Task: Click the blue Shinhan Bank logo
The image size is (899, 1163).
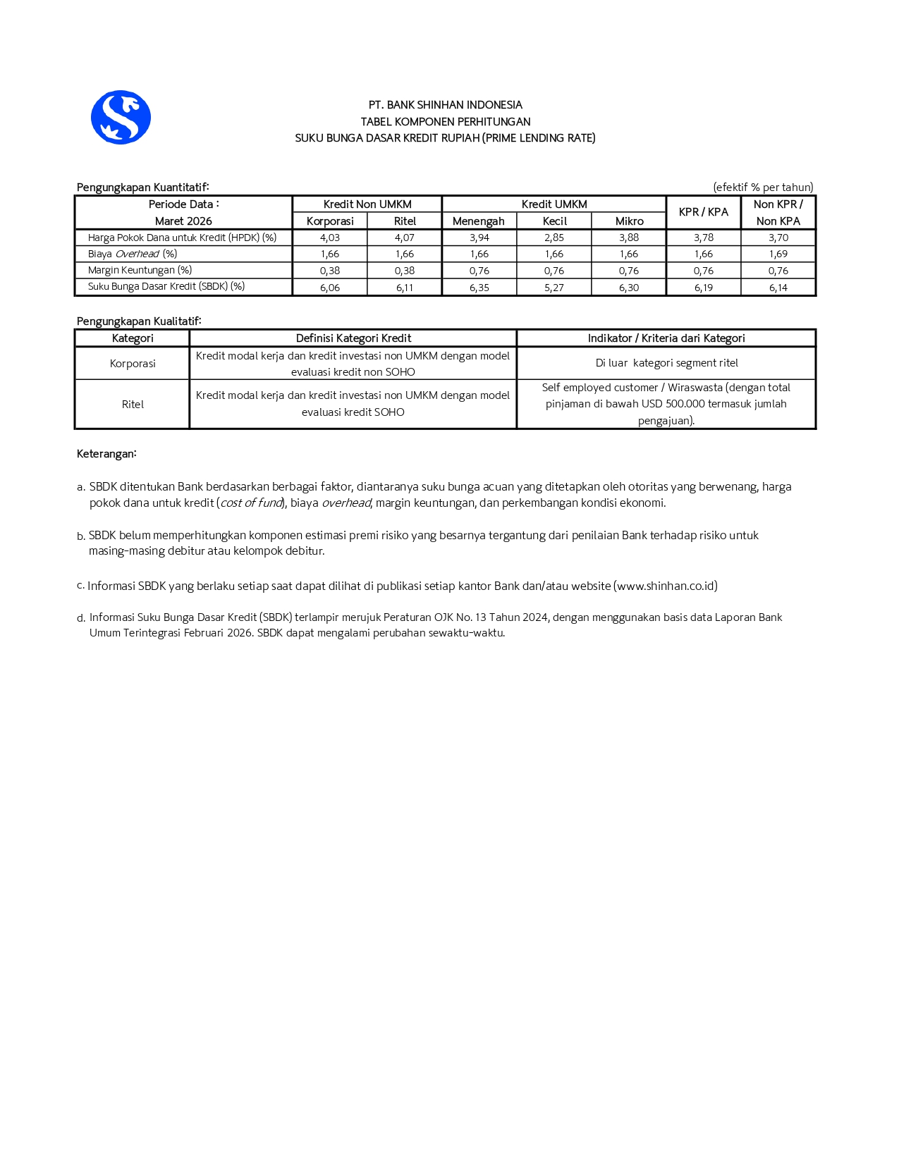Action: click(x=121, y=117)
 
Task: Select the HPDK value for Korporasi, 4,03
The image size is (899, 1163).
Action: click(x=330, y=238)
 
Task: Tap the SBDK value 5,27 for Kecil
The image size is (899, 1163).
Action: click(x=554, y=288)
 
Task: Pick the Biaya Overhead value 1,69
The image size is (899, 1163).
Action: click(x=778, y=254)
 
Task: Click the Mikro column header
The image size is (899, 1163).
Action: click(x=629, y=221)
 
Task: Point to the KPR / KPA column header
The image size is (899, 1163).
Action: click(x=703, y=212)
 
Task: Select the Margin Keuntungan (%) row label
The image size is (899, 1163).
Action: click(x=140, y=270)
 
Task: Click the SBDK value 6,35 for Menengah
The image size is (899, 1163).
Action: click(x=479, y=288)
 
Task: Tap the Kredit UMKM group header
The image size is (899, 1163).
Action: click(x=554, y=204)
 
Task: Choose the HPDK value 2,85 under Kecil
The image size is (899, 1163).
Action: click(x=554, y=238)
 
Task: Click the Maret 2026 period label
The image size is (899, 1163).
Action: click(x=183, y=221)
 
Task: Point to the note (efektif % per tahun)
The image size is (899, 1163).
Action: click(x=763, y=187)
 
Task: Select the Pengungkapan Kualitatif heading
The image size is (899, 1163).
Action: click(x=139, y=321)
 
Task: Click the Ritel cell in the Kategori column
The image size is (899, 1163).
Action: click(x=133, y=405)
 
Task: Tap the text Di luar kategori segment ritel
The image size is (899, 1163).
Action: click(x=666, y=363)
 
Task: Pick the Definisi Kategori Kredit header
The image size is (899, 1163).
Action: click(x=353, y=338)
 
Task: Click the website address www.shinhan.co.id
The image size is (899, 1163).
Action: click(x=666, y=586)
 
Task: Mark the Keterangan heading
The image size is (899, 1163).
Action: click(x=106, y=454)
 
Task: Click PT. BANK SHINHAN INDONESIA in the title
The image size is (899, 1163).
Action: click(x=445, y=105)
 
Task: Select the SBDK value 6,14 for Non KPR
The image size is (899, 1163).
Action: click(x=778, y=288)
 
